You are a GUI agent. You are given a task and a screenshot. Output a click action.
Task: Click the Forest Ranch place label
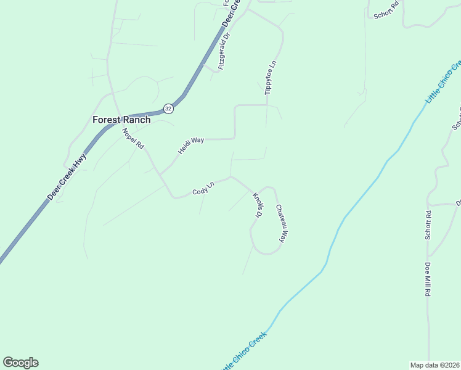[x=121, y=120]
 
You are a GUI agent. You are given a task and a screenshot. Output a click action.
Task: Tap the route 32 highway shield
[x=168, y=109]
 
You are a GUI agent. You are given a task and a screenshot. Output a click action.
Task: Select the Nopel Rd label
[x=133, y=139]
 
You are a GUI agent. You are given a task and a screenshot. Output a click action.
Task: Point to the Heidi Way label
[x=191, y=146]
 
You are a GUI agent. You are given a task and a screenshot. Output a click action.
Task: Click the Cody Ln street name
[x=203, y=189]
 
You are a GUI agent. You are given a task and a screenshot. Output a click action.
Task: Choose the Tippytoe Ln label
[x=269, y=78]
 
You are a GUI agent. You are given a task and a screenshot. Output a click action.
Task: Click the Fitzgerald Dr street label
[x=224, y=51]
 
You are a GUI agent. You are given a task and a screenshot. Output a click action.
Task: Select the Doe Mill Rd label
[x=427, y=279]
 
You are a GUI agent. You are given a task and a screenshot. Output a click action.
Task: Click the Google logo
[x=20, y=363]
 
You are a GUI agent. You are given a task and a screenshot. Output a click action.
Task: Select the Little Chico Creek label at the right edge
[x=443, y=82]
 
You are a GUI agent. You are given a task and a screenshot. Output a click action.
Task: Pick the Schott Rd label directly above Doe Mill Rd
[x=427, y=225]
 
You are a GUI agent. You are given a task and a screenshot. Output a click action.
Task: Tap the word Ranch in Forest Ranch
[x=136, y=120]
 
